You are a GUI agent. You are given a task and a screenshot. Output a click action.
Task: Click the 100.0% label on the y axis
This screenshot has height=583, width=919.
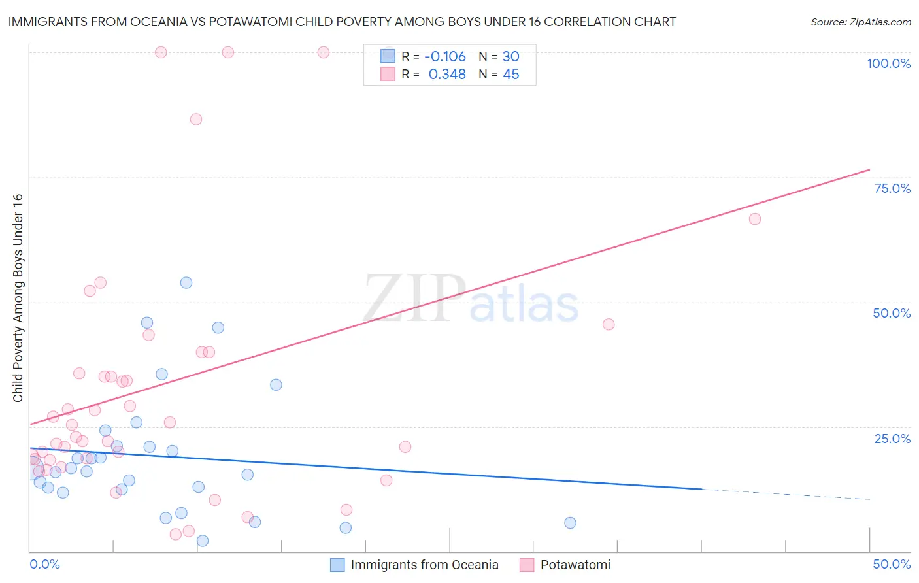888,63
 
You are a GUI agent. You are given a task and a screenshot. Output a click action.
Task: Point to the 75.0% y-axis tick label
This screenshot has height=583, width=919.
892,188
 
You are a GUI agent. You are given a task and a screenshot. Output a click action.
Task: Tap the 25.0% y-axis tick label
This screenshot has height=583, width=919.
892,439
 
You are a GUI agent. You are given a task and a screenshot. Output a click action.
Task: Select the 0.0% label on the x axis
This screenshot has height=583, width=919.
44,564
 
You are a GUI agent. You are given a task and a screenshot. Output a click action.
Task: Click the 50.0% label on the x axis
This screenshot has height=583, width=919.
892,564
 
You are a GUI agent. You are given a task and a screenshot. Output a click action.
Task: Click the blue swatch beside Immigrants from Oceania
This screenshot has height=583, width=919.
337,565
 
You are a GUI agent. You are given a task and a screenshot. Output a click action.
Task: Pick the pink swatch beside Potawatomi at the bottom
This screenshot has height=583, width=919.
527,565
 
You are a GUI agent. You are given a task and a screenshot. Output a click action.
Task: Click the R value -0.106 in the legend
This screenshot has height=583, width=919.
445,57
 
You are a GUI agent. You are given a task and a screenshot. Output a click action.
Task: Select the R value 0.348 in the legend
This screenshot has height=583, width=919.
447,75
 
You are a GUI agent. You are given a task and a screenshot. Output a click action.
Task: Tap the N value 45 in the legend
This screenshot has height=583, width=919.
510,75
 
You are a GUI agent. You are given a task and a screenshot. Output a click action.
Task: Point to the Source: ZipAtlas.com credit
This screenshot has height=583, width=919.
860,22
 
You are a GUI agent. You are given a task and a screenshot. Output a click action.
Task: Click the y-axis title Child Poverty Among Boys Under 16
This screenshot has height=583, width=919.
18,298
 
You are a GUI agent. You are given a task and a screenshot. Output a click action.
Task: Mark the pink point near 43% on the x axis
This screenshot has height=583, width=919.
754,219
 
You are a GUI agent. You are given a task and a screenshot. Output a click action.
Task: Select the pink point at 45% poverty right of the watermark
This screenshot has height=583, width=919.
609,324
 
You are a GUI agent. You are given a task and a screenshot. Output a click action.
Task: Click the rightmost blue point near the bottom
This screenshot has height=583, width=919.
570,523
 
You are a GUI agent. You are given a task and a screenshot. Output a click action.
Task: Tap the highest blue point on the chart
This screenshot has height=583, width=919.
186,283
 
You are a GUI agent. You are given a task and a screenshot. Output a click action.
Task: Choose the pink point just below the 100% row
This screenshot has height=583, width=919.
196,119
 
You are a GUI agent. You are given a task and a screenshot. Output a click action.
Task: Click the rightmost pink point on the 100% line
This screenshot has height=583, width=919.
324,52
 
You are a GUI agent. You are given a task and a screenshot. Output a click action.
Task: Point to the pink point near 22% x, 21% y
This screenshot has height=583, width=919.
405,447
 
